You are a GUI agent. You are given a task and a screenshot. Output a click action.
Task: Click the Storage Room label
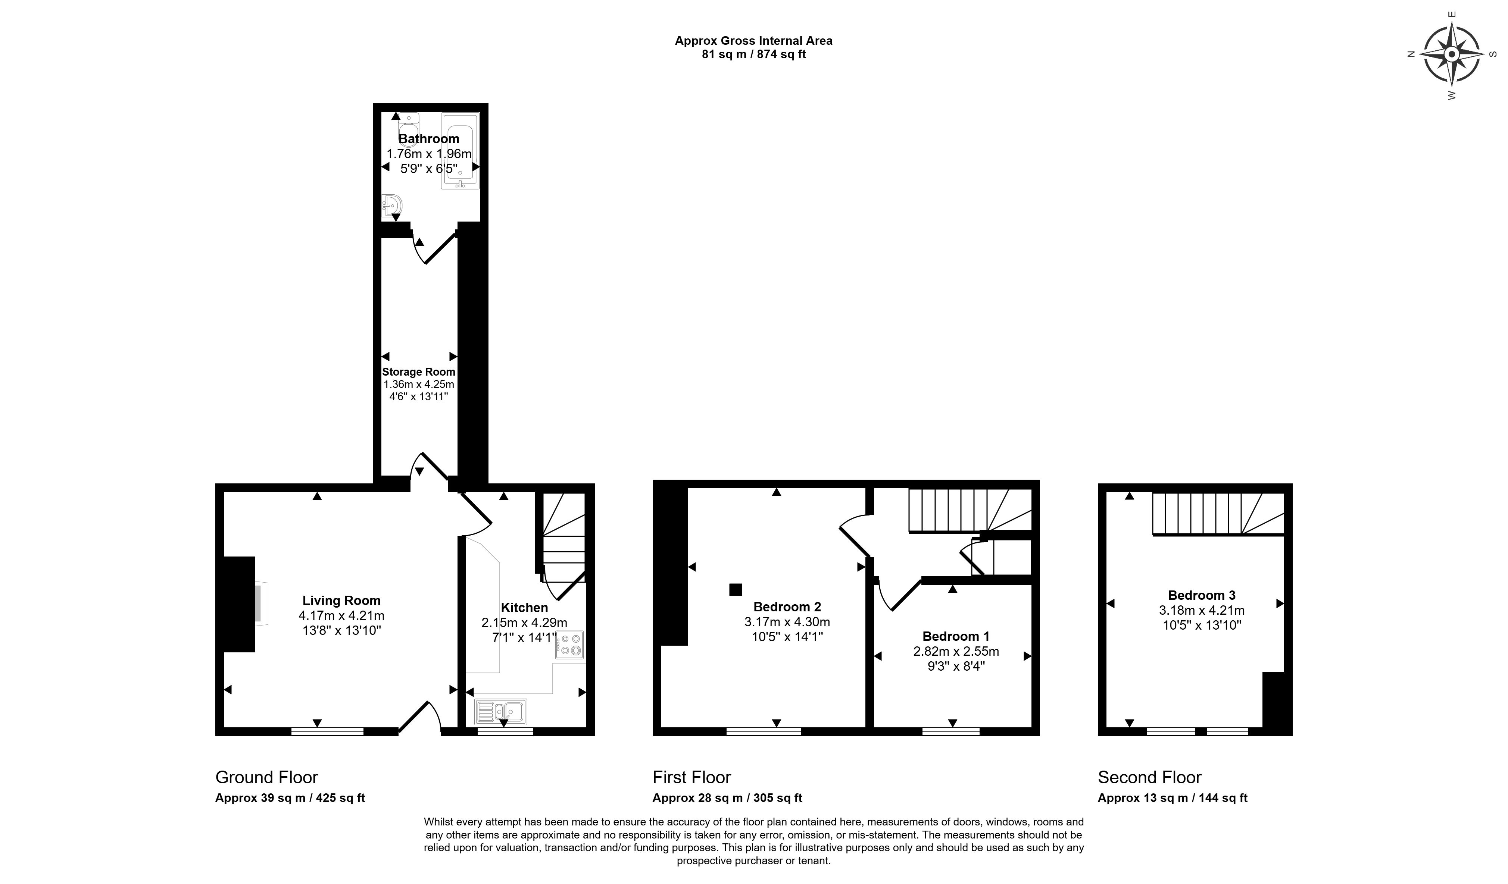click(418, 372)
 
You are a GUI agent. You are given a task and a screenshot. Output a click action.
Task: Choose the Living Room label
click(341, 601)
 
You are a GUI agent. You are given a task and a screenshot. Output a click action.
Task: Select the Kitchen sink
click(501, 712)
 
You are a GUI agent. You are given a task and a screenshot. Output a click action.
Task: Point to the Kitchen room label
click(524, 608)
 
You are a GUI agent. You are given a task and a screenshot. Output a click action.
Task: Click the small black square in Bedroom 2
click(736, 590)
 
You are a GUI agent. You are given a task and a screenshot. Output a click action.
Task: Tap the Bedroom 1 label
click(956, 636)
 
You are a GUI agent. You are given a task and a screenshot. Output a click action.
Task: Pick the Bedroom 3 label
click(1202, 595)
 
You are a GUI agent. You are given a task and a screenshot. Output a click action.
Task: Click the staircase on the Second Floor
click(1218, 514)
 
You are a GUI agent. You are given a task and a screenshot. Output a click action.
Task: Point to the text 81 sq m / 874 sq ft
click(753, 54)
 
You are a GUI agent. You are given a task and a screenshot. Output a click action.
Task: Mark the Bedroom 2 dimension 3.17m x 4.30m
click(787, 622)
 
